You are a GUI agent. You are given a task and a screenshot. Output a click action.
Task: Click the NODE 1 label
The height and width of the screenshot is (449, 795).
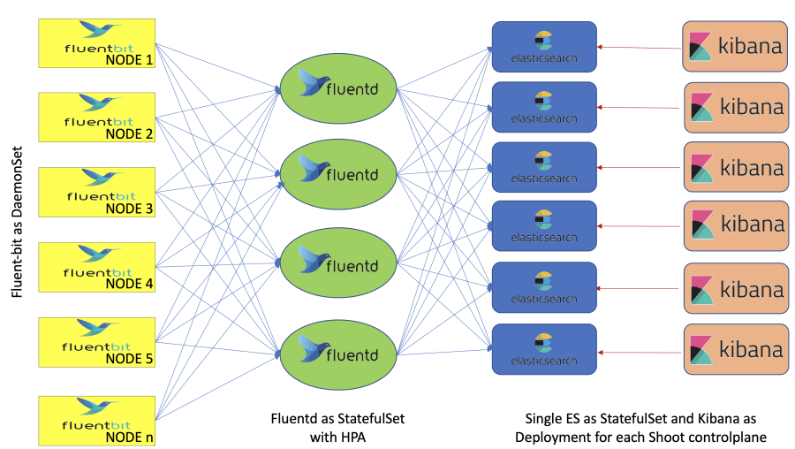[x=129, y=60]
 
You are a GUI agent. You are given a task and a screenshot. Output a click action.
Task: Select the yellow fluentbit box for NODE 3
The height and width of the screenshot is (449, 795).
[x=98, y=192]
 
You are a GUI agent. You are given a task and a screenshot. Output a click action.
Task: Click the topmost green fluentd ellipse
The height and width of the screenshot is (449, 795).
[x=339, y=88]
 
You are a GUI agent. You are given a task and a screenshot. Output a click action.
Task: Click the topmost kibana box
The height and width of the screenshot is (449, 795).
[x=735, y=46]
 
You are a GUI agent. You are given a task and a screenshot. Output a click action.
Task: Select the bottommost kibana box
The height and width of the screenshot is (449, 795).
[x=735, y=349]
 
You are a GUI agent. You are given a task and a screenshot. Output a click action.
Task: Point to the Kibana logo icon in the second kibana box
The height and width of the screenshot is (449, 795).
[x=702, y=107]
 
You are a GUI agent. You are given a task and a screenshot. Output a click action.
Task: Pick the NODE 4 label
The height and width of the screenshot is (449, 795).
[x=129, y=284]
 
